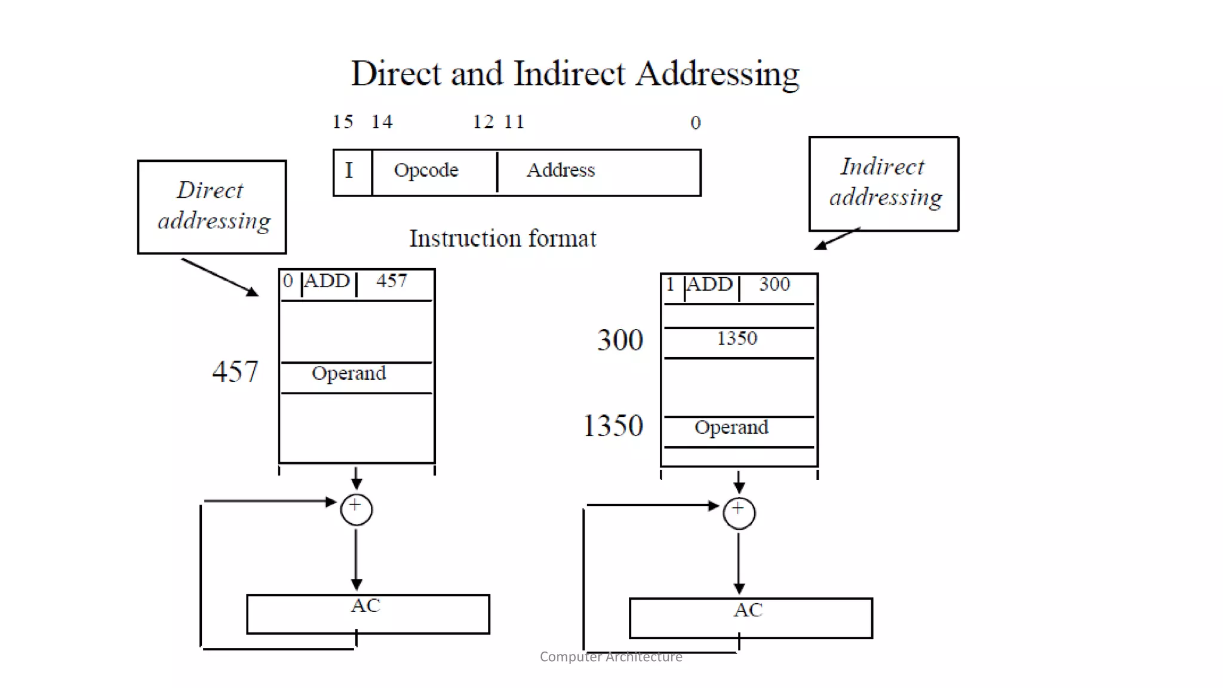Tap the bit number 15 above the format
343,122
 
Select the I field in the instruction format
350,171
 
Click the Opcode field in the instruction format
426,171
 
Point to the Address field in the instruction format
561,171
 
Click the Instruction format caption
502,239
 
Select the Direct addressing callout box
212,207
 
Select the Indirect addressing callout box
883,183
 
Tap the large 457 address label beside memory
235,372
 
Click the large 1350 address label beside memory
613,426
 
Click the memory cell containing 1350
738,339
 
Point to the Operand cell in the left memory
349,374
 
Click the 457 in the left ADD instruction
392,281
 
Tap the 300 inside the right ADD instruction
775,284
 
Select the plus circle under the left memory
357,509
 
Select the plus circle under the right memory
739,513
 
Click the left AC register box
368,613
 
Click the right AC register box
751,618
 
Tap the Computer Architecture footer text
611,657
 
